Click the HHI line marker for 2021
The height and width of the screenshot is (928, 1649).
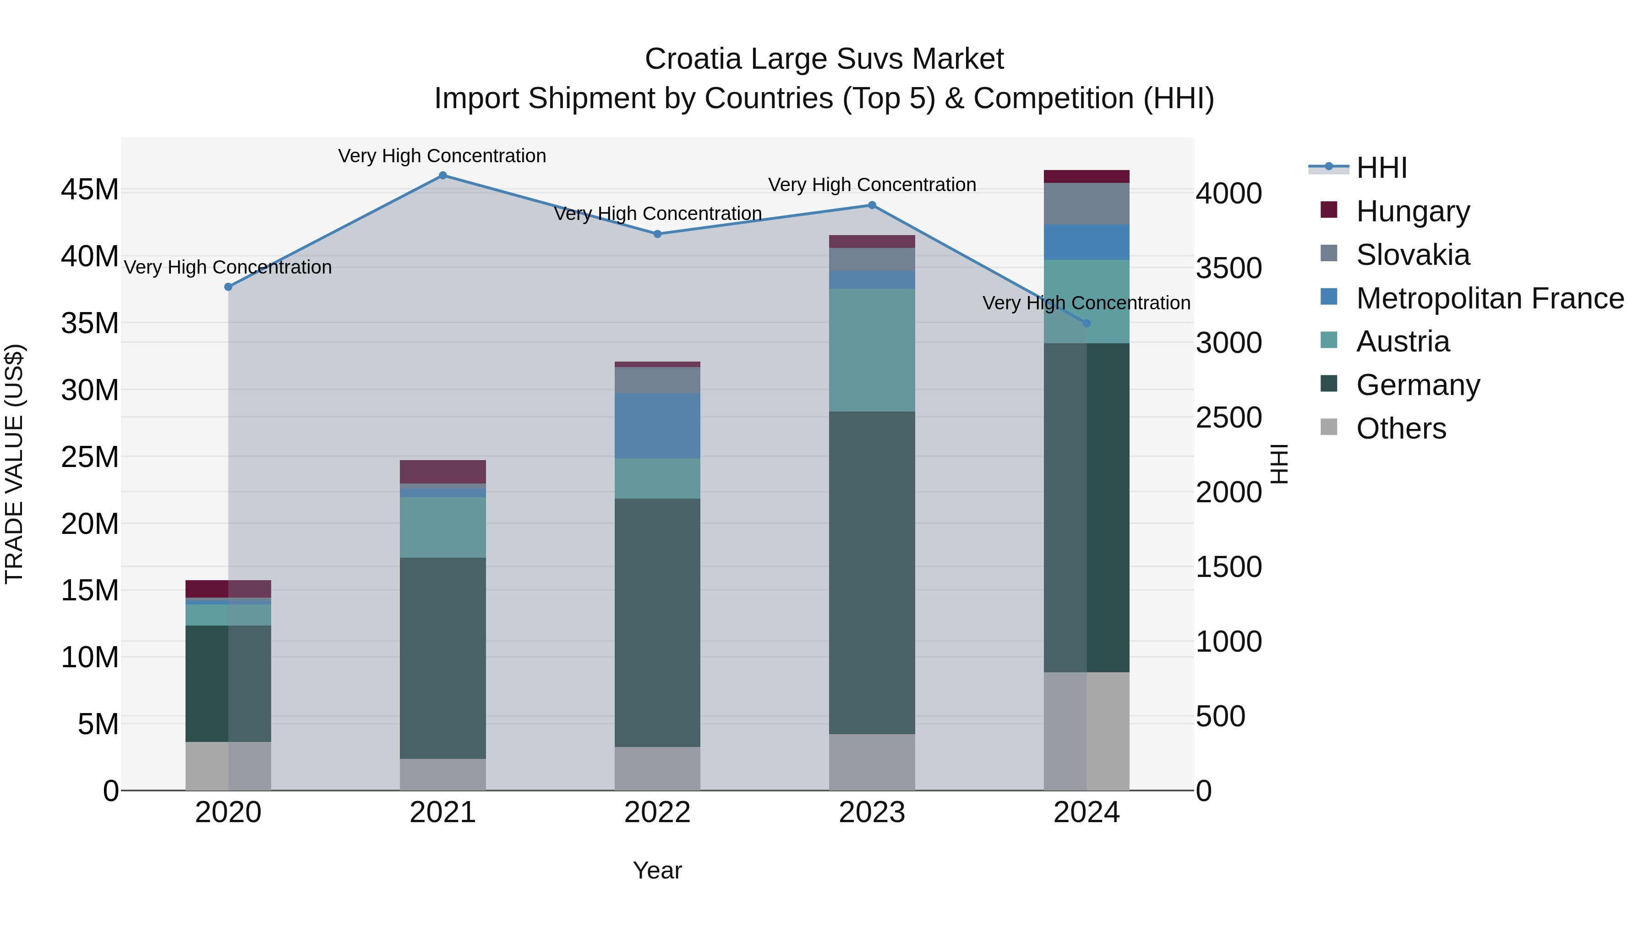point(442,176)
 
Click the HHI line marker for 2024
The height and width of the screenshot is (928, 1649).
point(1087,324)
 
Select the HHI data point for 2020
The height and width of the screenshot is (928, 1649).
point(228,287)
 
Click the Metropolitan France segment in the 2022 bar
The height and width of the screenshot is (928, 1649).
point(657,426)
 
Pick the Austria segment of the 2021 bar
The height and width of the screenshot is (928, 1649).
point(442,527)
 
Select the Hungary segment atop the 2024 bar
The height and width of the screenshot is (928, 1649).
point(1087,177)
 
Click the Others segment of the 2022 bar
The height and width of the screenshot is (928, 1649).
point(657,768)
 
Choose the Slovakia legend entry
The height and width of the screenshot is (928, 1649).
point(1412,255)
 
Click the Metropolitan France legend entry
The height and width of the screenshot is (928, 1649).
point(1489,298)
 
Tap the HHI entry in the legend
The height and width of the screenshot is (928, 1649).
point(1381,168)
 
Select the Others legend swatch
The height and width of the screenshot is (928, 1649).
point(1329,427)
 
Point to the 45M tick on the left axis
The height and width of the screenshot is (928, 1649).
point(90,190)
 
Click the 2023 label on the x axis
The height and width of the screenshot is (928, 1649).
point(872,813)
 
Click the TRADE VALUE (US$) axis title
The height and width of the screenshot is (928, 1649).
point(14,464)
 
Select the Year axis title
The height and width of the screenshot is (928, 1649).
point(657,870)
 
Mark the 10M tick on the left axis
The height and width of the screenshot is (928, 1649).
point(90,657)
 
